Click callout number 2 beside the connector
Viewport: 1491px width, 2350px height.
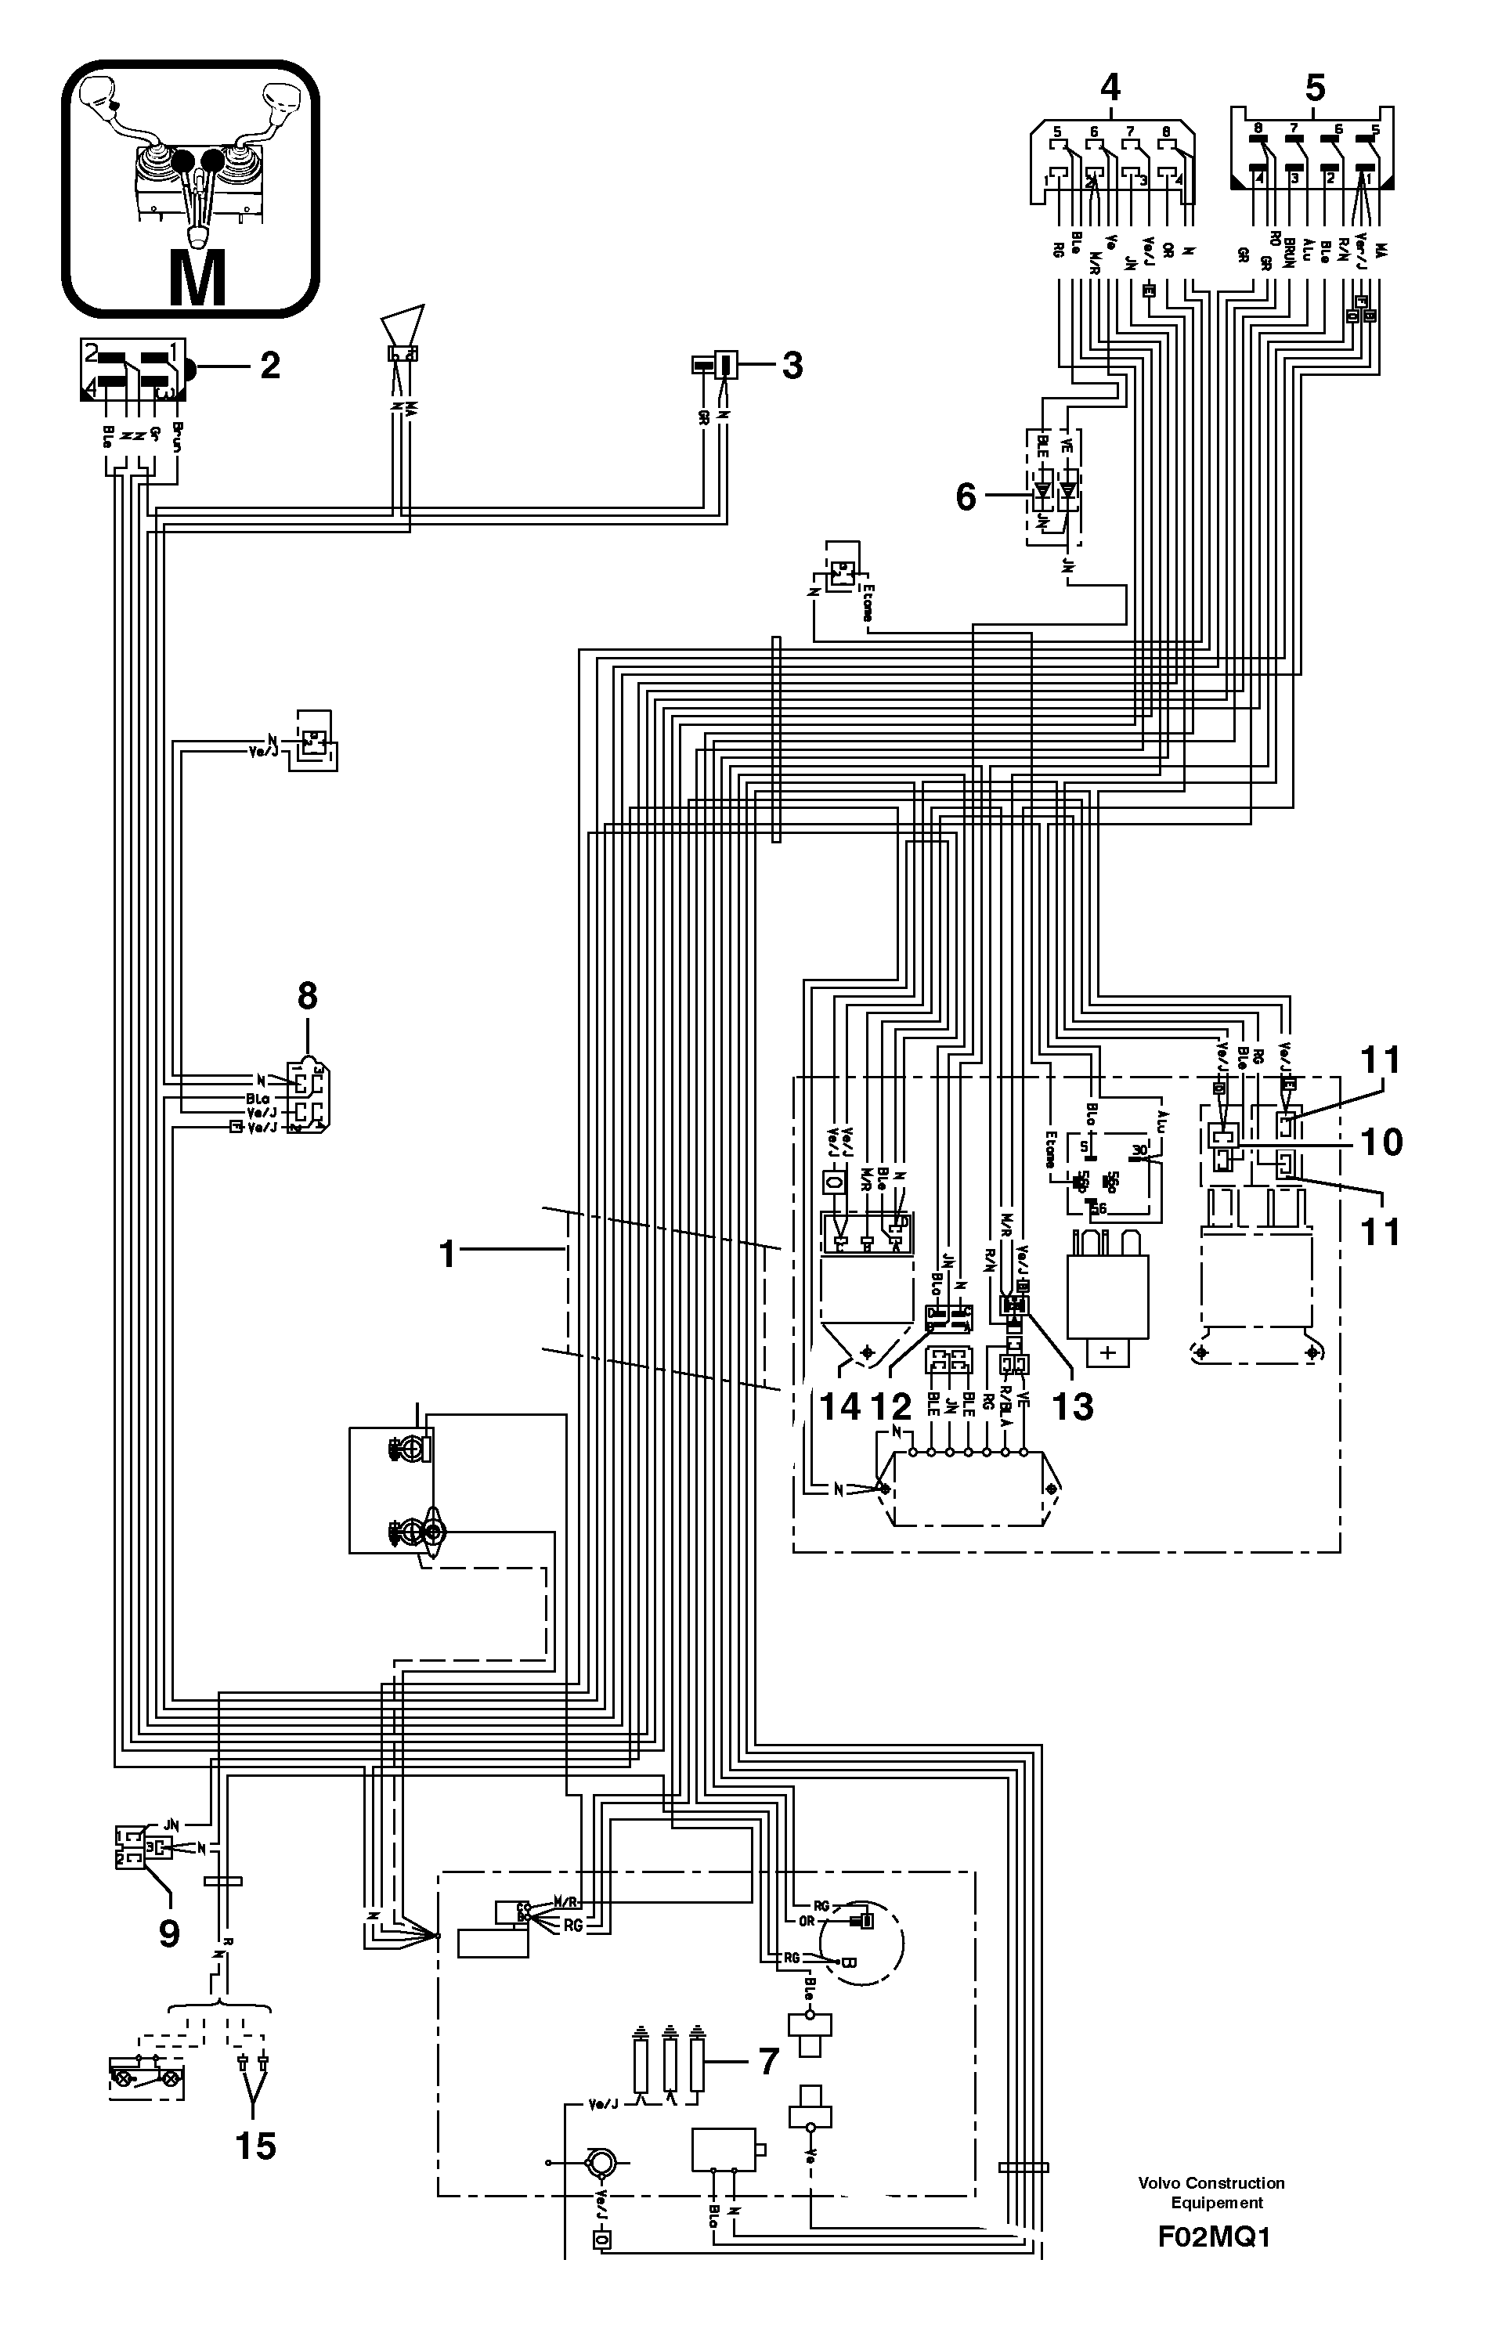(269, 365)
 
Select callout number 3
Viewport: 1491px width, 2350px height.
(792, 365)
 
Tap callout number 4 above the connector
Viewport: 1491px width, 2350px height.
(1110, 88)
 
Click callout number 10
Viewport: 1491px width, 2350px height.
(1381, 1141)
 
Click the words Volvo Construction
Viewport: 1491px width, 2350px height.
(1211, 2183)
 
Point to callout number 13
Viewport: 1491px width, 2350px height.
(1072, 1406)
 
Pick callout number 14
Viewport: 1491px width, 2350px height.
(839, 1406)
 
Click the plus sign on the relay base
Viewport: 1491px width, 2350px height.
(1107, 1352)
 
